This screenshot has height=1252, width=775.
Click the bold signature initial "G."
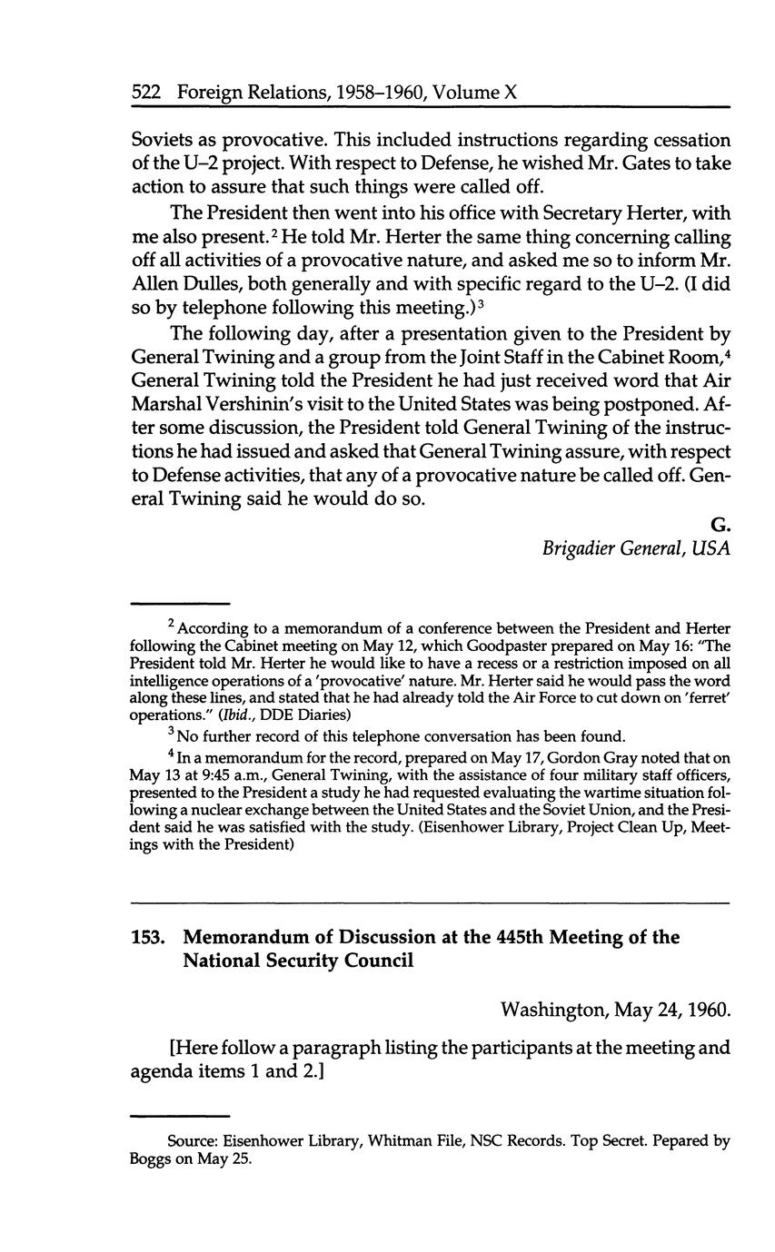click(720, 524)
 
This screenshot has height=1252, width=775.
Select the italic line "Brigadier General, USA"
click(636, 547)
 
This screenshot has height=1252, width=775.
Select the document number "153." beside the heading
click(148, 937)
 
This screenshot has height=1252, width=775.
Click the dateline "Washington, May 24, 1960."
click(615, 1010)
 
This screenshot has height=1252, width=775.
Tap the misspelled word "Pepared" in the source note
click(648, 1141)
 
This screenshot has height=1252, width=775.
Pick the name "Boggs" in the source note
click(152, 1158)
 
